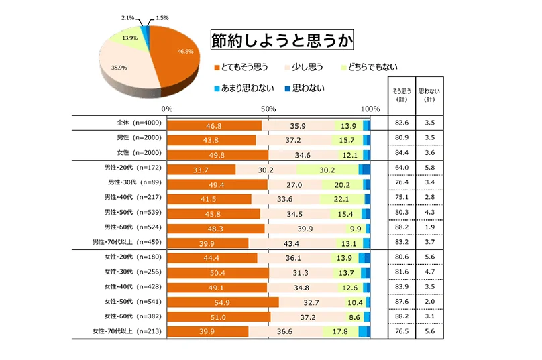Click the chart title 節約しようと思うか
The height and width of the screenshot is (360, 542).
282,40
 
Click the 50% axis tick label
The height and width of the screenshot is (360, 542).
268,109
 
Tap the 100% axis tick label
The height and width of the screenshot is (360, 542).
370,109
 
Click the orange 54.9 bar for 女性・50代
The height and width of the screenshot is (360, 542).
222,302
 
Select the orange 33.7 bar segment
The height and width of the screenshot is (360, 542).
201,170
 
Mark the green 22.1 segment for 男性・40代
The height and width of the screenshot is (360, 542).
341,199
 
